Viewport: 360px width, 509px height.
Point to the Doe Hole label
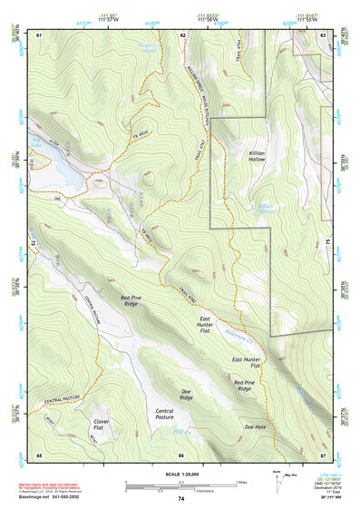point(255,426)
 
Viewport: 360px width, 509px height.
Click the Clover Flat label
point(102,426)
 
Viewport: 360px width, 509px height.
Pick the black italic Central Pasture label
point(164,416)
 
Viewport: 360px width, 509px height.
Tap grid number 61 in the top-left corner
point(39,34)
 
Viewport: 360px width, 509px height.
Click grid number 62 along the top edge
point(182,34)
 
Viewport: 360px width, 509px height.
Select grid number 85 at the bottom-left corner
point(39,454)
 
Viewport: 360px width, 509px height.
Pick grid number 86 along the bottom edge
point(181,454)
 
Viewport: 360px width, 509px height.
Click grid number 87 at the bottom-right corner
point(323,454)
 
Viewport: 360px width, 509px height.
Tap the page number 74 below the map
point(180,499)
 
